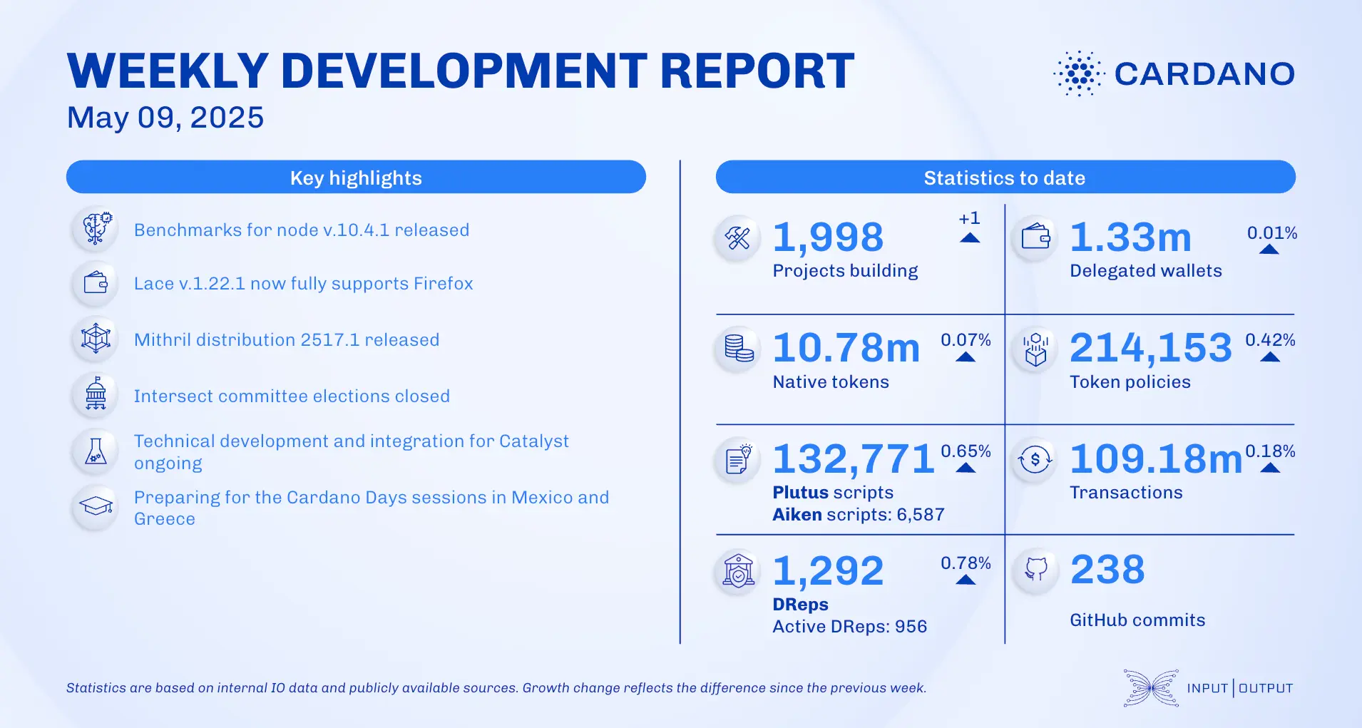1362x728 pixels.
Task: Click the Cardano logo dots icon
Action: tap(1079, 73)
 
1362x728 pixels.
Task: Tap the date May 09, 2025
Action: tap(165, 118)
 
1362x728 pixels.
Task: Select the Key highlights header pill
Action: tap(356, 177)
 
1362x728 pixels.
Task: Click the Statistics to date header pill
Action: tap(1005, 177)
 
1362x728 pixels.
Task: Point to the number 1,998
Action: tap(828, 237)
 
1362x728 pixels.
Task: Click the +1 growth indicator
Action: tap(969, 219)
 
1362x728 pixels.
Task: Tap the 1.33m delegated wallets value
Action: tap(1130, 237)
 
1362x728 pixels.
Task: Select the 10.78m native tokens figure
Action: tap(846, 348)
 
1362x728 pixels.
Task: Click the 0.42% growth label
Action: tap(1270, 340)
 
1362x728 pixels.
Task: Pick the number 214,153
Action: tap(1151, 348)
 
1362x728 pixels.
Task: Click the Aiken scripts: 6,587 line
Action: tap(859, 515)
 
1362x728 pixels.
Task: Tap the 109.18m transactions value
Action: tap(1156, 458)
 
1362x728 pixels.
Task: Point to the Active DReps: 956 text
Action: tap(849, 627)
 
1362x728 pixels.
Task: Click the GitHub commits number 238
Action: tap(1107, 570)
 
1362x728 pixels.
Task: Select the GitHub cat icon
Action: tap(1035, 569)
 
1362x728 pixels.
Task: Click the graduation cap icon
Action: tap(96, 507)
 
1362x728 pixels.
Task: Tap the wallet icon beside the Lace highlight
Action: tap(96, 283)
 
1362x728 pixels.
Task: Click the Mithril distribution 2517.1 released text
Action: tap(287, 340)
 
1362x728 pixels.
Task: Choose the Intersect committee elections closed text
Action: tap(292, 396)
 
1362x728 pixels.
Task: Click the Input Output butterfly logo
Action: tap(1150, 688)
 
